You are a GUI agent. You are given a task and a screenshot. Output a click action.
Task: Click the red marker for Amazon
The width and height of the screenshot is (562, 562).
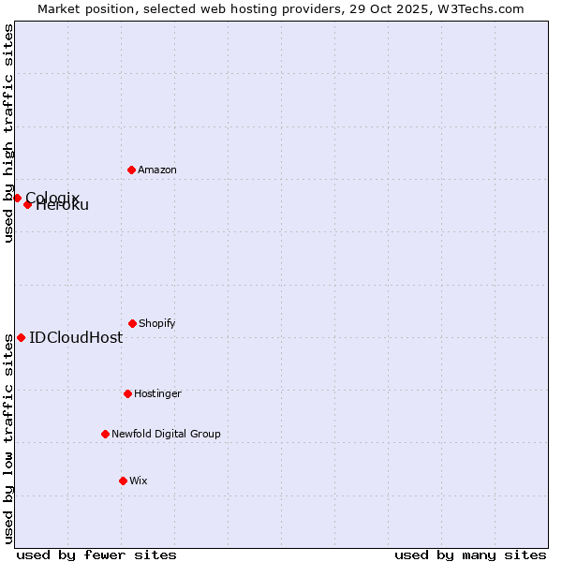131,170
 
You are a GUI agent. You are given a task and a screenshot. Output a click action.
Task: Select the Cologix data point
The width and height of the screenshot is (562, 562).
17,198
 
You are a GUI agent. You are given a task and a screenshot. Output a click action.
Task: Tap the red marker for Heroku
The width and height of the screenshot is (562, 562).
27,204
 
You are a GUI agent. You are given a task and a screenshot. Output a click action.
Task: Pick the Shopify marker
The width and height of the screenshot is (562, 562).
132,323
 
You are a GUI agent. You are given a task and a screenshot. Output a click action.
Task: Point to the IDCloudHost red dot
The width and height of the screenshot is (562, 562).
21,337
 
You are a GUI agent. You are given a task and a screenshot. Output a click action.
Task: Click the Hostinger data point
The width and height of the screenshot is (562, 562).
127,393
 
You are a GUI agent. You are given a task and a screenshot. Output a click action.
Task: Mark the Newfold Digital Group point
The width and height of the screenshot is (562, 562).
105,434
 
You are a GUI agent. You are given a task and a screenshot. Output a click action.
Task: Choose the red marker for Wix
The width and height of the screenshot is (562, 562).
123,481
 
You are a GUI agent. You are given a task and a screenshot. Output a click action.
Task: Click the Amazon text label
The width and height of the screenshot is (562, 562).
157,170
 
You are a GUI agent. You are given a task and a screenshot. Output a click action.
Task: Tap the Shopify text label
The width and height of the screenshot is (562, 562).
157,323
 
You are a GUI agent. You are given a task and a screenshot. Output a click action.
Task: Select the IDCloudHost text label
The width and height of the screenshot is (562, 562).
76,337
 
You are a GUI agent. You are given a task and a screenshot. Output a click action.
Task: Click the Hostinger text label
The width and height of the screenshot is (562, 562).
157,393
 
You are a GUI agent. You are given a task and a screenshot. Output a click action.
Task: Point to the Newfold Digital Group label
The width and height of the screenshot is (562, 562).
166,434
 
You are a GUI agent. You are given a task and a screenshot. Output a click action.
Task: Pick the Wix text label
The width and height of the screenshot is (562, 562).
139,481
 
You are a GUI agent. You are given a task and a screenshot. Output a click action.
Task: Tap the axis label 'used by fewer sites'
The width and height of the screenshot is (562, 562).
96,555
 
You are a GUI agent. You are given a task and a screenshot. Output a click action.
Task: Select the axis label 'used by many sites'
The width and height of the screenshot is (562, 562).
470,555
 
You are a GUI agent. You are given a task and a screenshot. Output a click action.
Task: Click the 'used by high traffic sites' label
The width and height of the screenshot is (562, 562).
8,133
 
